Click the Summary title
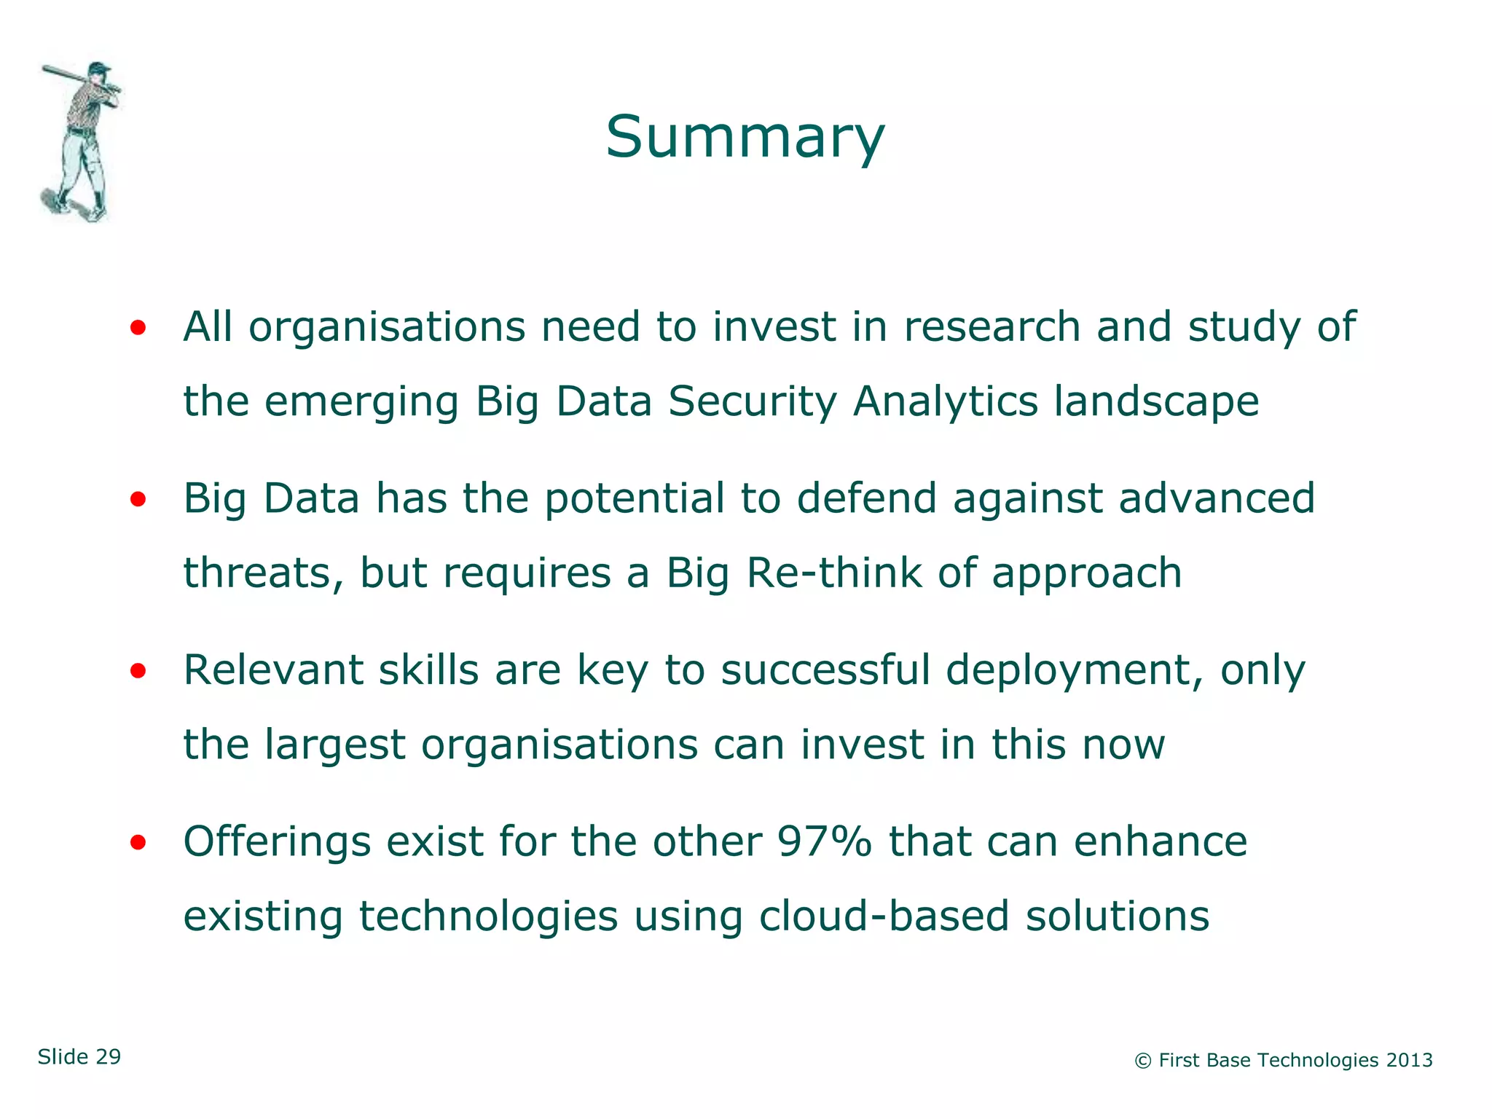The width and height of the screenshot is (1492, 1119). point(745,137)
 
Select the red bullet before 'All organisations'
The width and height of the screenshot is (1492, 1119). point(138,329)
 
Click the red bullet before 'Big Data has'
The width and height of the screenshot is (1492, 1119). point(138,500)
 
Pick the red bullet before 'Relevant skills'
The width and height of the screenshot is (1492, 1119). point(138,672)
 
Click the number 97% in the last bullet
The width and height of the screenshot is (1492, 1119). point(824,841)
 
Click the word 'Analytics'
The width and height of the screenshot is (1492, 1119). point(945,402)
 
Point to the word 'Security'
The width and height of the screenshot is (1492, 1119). point(753,402)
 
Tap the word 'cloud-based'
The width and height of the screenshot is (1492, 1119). point(884,916)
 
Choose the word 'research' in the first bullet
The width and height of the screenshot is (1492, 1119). point(992,326)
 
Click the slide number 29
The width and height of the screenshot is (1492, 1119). point(108,1057)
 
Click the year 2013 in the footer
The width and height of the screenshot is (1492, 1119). point(1409,1061)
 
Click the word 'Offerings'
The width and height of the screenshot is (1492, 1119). point(277,842)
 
